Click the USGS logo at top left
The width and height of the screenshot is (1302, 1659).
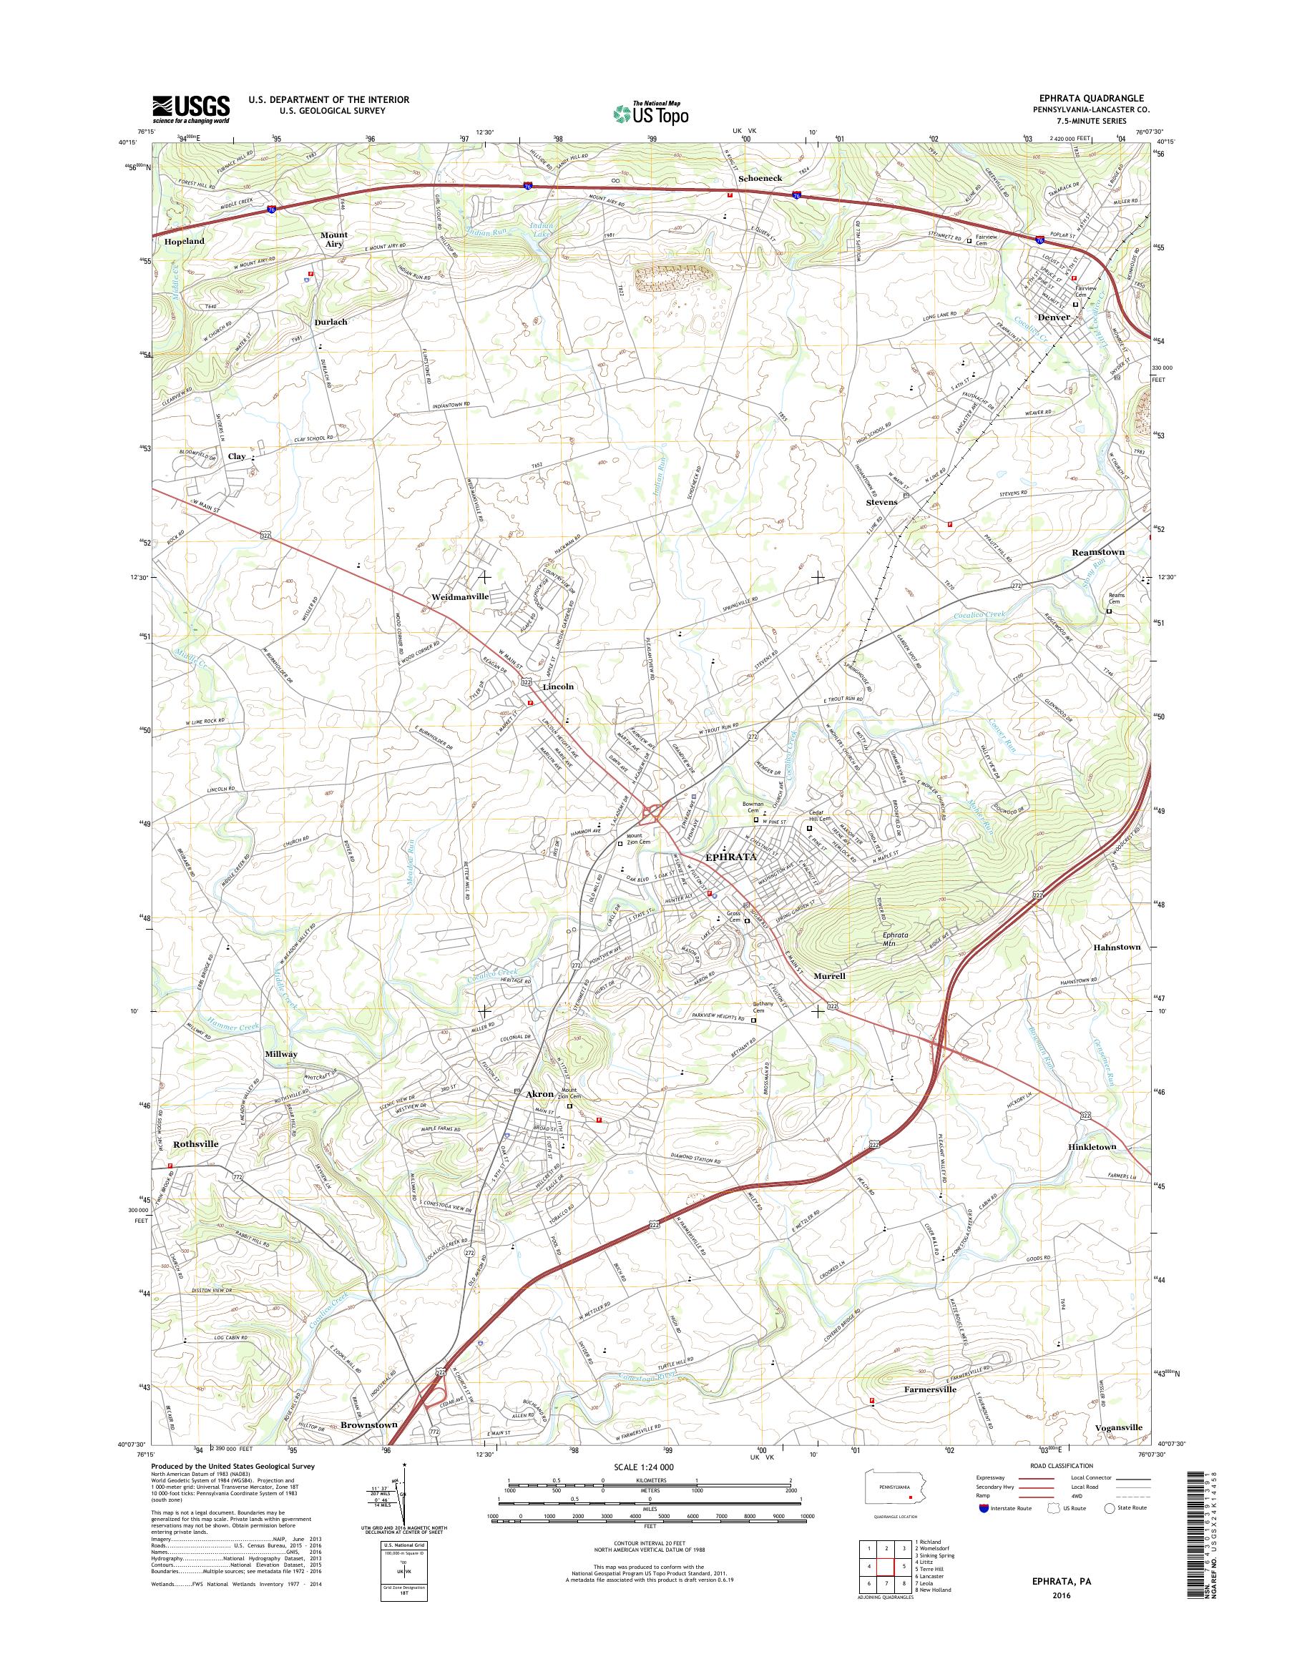(190, 108)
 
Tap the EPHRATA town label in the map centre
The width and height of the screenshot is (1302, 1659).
(732, 857)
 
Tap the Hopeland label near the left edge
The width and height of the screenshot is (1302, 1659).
(184, 241)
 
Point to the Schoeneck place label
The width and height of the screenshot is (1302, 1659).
(760, 178)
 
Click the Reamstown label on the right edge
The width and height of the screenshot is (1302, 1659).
(1118, 552)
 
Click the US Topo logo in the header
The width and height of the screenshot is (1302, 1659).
(651, 113)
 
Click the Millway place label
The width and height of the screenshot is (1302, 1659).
(281, 1054)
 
